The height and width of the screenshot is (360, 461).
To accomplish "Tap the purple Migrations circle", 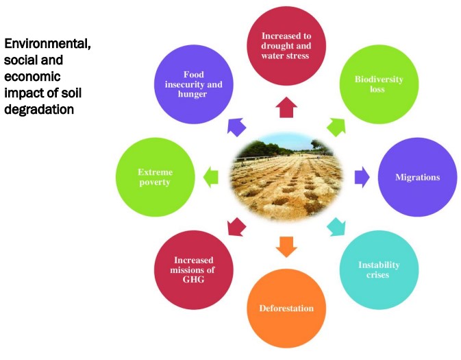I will [x=417, y=177].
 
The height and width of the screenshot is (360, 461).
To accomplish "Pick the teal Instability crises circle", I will [x=379, y=269].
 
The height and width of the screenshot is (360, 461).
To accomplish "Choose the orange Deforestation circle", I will [x=286, y=308].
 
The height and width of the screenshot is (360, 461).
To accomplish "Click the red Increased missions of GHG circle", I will [x=194, y=269].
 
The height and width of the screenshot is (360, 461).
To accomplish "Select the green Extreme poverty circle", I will [x=154, y=178].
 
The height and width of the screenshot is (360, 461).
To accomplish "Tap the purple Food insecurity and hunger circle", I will [x=193, y=84].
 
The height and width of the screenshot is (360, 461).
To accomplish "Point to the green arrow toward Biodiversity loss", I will [x=336, y=126].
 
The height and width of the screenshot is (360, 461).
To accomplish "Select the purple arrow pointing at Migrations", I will [x=361, y=177].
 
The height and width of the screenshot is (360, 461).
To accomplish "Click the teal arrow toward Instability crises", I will [x=336, y=227].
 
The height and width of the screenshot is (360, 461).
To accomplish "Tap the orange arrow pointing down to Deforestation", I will [x=286, y=245].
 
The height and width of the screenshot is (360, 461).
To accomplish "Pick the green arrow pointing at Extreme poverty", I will [x=210, y=177].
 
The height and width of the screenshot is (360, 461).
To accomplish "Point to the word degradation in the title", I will [x=38, y=109].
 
